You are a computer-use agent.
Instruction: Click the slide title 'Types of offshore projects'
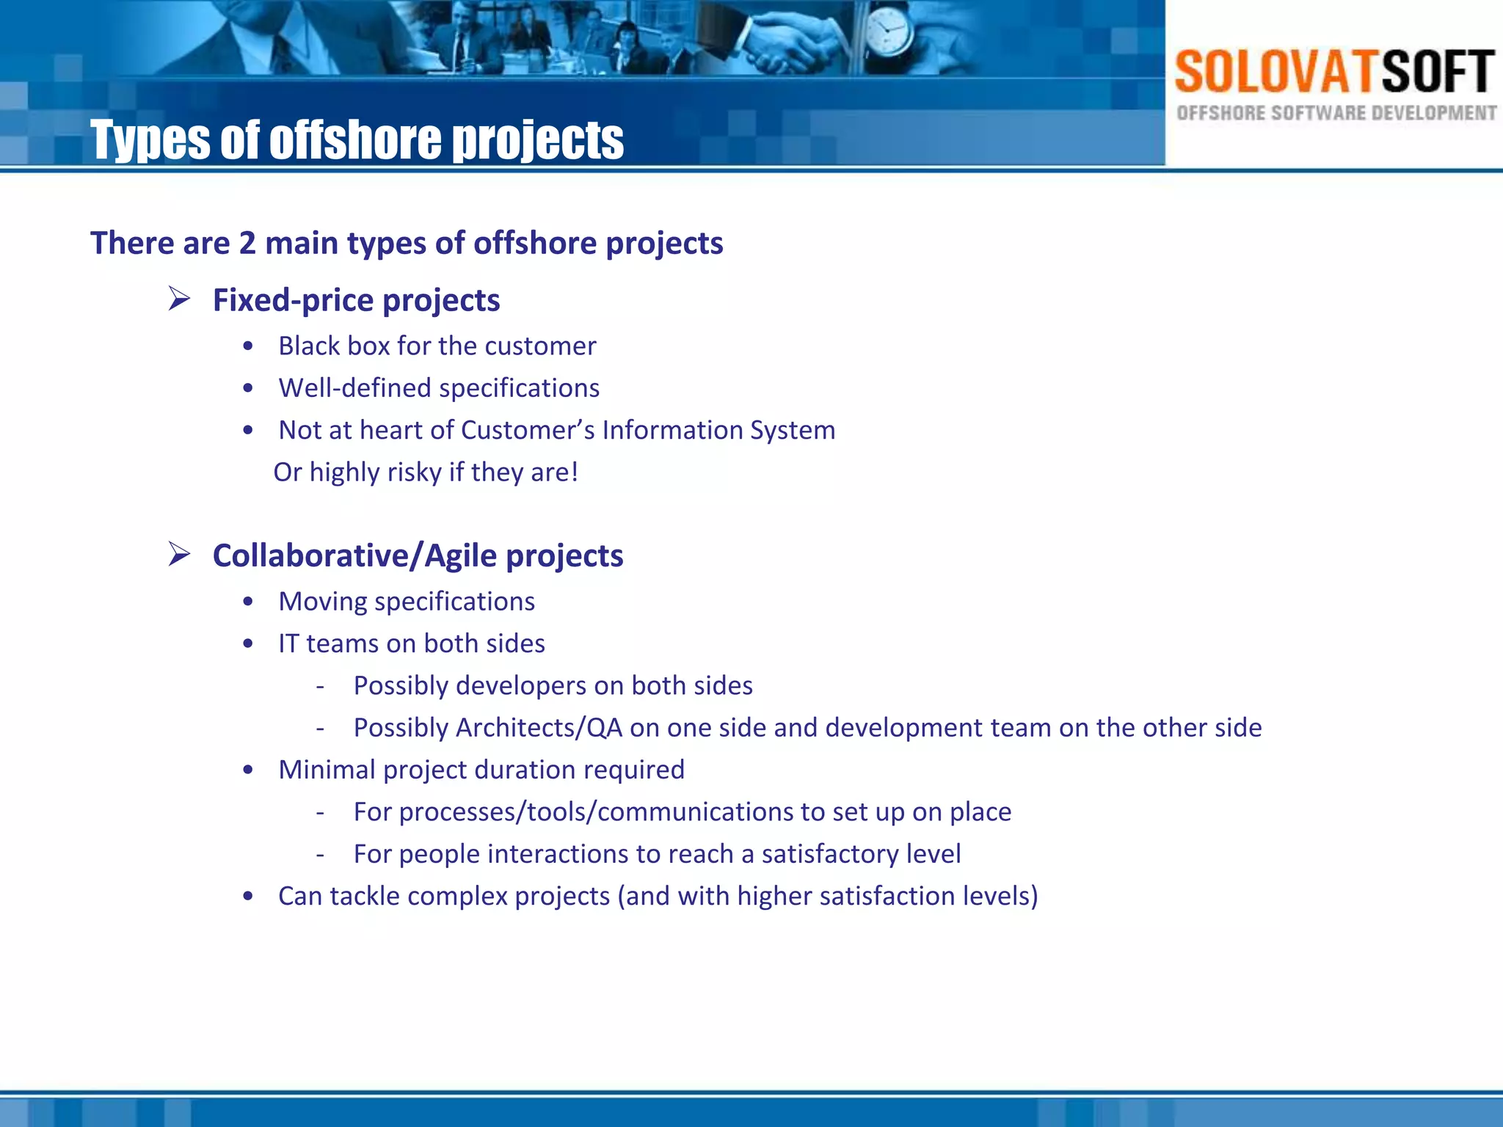[357, 139]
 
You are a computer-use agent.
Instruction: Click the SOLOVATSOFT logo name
[1334, 72]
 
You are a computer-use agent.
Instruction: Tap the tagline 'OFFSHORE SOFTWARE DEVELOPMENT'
[1336, 113]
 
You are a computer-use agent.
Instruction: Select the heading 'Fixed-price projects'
[356, 300]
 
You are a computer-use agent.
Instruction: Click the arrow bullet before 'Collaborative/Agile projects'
[179, 554]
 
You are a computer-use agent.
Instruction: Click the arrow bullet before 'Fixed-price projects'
[179, 299]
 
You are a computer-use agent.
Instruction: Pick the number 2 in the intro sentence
[247, 243]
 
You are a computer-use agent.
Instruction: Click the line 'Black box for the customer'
[437, 346]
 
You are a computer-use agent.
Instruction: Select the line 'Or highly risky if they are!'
[426, 472]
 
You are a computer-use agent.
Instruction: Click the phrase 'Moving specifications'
[407, 601]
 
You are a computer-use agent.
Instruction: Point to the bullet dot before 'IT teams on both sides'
[249, 643]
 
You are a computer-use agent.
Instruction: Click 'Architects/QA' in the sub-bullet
[539, 727]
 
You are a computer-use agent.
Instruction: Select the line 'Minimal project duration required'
[481, 770]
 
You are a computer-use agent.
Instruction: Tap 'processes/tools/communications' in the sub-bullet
[596, 811]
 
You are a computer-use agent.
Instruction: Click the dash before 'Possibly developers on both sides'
[320, 686]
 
